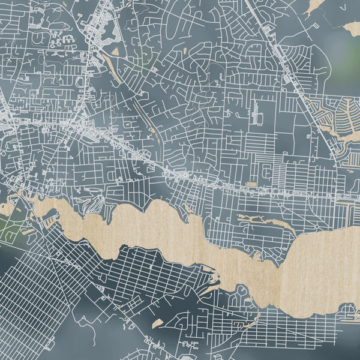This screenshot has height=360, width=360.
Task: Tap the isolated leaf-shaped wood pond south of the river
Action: [157, 324]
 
